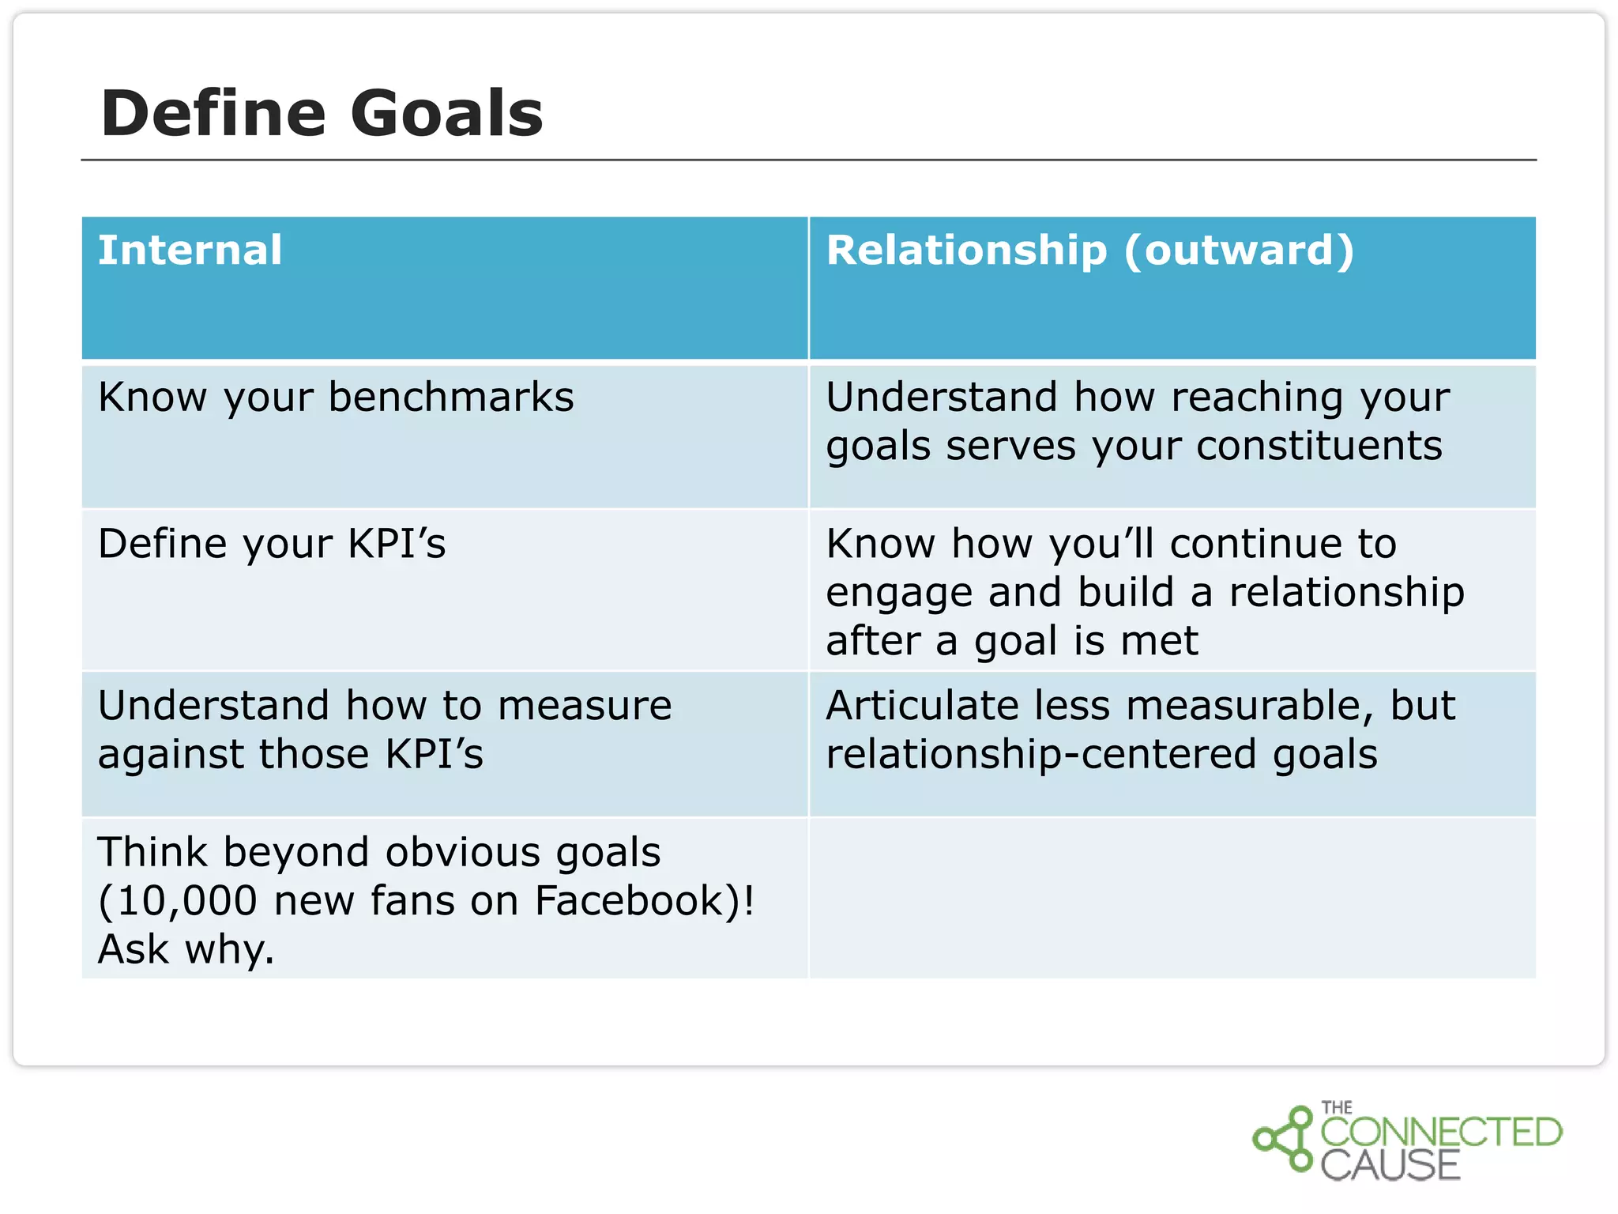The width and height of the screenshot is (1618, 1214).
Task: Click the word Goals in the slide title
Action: click(446, 113)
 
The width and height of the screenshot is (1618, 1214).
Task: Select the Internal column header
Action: click(190, 251)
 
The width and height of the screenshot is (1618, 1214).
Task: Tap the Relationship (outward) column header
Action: click(1090, 251)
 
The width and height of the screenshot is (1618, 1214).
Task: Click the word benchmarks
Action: click(451, 397)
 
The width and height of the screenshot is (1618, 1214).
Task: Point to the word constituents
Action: click(1319, 446)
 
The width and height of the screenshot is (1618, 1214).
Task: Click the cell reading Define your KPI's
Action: click(272, 545)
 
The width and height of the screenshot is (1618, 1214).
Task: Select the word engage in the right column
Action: click(898, 594)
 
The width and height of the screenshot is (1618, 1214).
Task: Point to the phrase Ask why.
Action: click(186, 949)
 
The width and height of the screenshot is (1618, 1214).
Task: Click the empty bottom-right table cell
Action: click(1172, 899)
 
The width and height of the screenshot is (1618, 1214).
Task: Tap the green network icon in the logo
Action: click(1283, 1139)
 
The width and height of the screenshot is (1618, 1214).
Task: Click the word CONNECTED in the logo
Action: click(1440, 1132)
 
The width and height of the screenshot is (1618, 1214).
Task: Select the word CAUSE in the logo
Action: click(1390, 1166)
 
